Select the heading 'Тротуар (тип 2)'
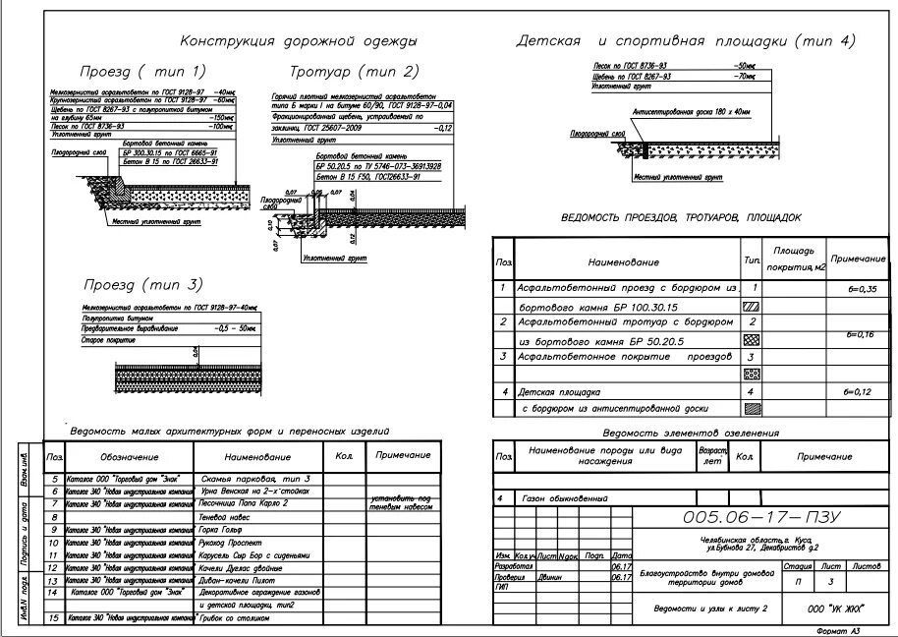(x=354, y=72)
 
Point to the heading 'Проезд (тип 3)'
(x=142, y=285)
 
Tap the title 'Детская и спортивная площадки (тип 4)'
(x=686, y=41)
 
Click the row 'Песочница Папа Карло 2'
(x=243, y=502)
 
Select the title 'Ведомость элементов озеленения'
(x=691, y=433)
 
